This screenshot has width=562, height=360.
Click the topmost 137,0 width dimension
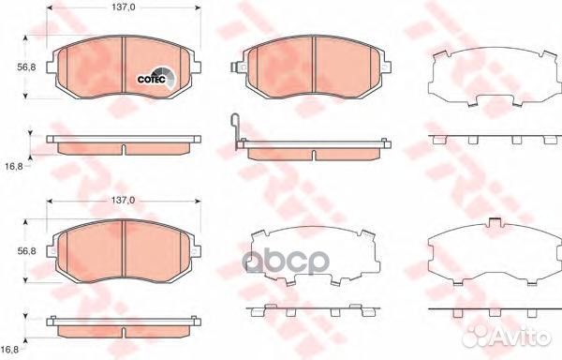[124, 7]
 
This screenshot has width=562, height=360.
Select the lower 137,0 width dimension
[124, 201]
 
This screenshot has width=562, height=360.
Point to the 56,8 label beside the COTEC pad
[26, 67]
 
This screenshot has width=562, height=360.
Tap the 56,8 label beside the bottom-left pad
[26, 251]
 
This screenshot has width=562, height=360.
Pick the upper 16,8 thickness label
[14, 166]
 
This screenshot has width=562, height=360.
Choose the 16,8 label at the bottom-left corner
[10, 349]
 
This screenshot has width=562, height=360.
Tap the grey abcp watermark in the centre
[286, 261]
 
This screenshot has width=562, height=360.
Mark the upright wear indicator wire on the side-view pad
[235, 129]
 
